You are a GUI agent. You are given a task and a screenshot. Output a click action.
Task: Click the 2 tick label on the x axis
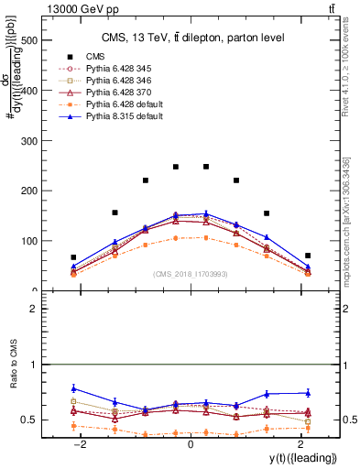(300, 443)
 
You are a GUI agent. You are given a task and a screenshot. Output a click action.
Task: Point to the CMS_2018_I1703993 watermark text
(190, 274)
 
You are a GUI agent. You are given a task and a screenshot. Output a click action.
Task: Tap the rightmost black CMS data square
(308, 256)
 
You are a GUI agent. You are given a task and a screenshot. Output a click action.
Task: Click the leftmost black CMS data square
(73, 257)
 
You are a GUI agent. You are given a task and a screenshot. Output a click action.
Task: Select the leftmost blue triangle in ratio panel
(73, 388)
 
